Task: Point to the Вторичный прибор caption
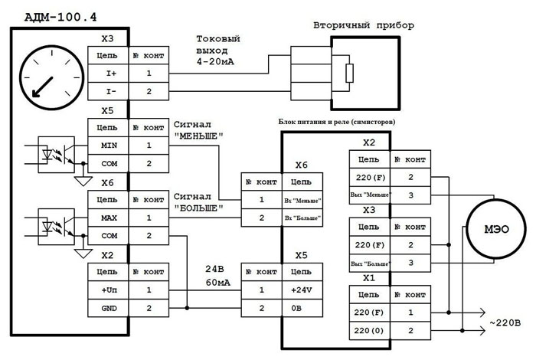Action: tap(363, 26)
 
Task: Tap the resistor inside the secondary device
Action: tap(349, 73)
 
